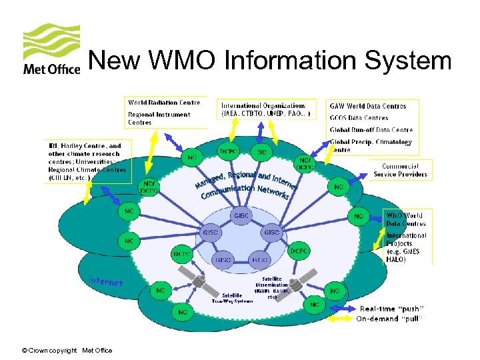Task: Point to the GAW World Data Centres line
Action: [x=367, y=106]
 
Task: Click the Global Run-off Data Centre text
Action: [x=371, y=130]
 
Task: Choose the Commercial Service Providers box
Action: [x=400, y=170]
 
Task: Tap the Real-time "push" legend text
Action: [x=391, y=309]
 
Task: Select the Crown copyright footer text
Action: [x=67, y=351]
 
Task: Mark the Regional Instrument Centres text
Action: [x=159, y=118]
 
